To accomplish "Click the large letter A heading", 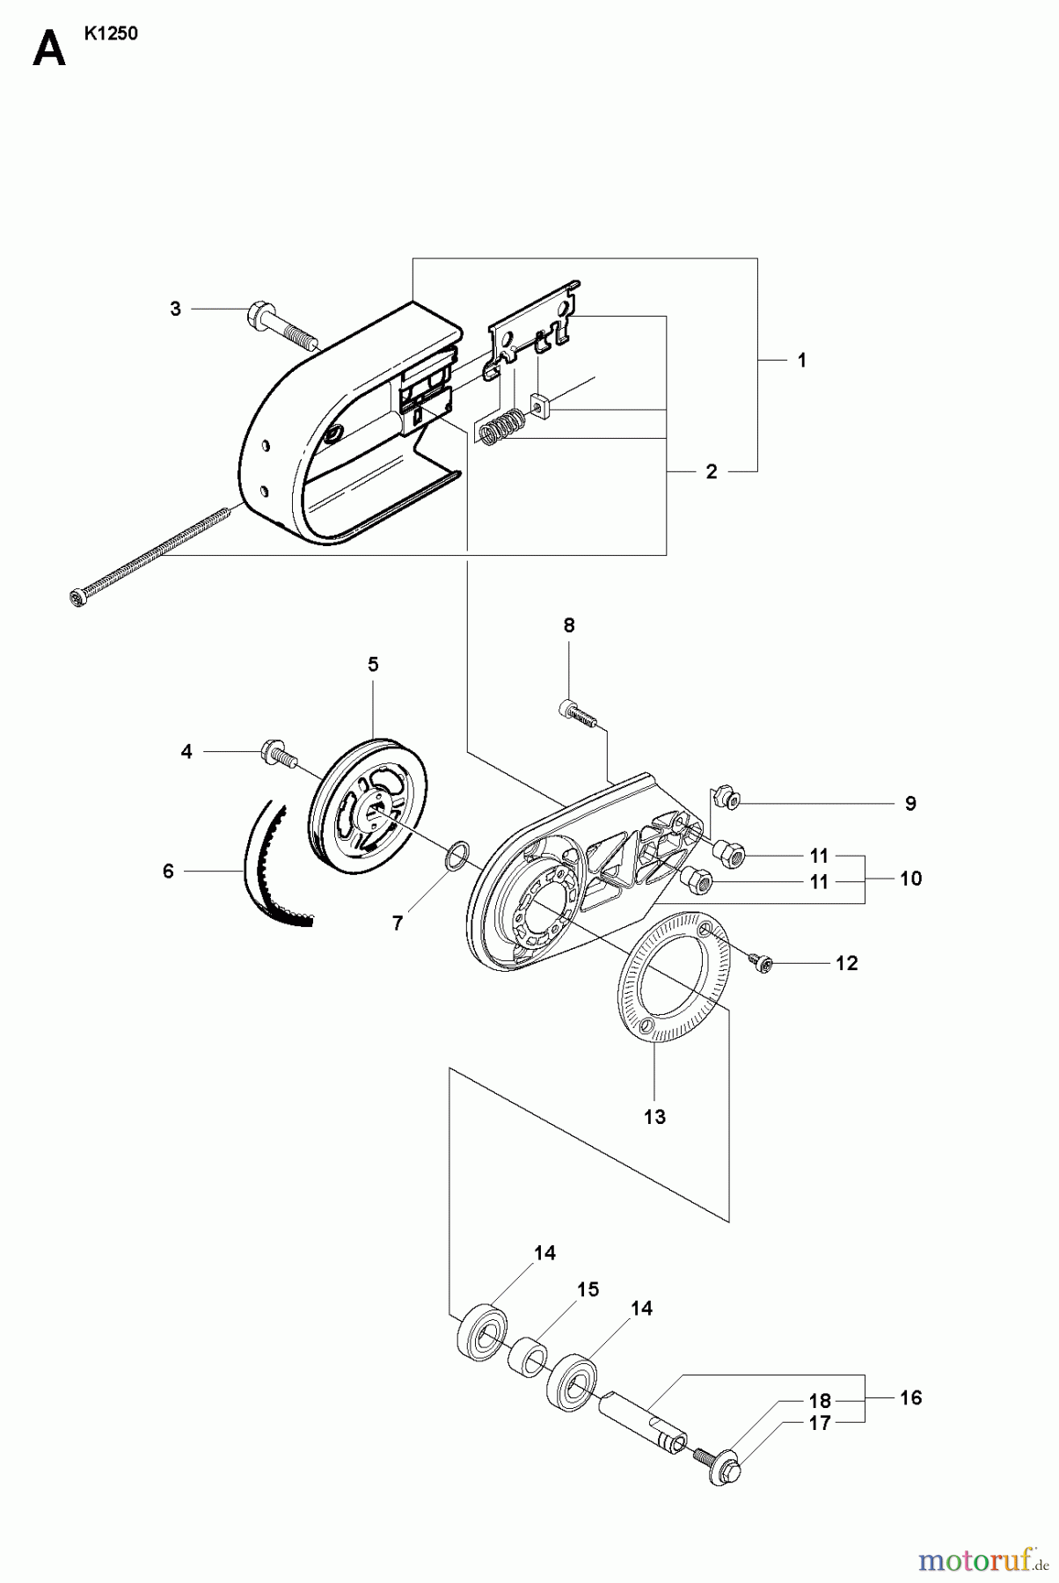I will [x=49, y=49].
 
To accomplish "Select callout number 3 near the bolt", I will [x=175, y=309].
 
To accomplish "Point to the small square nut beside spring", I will [x=539, y=406].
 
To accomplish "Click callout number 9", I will [x=910, y=803].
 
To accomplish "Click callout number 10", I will [x=910, y=878].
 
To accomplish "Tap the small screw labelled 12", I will [x=762, y=965].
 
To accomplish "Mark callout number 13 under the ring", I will [x=654, y=1117].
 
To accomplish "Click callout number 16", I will [x=910, y=1397].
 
